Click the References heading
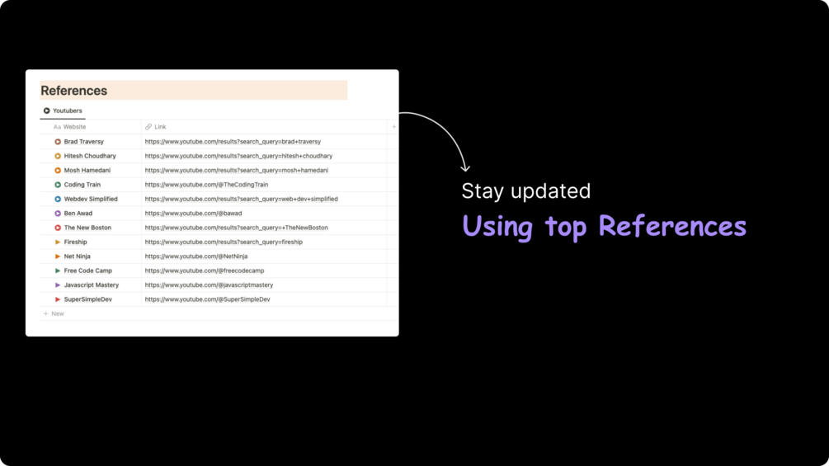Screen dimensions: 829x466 [74, 91]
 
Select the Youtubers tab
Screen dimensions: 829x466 [63, 111]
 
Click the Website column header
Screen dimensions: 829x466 [70, 127]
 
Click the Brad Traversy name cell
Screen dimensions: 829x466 [83, 142]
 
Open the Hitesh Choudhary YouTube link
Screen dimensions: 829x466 [238, 156]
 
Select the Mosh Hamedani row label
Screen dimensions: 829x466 [87, 170]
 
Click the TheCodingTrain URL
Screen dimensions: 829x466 [206, 185]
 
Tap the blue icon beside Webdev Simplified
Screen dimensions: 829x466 [58, 200]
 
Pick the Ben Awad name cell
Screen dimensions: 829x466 [78, 214]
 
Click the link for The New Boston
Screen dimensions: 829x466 [237, 228]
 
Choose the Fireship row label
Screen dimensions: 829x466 [76, 242]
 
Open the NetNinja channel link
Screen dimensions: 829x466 [196, 257]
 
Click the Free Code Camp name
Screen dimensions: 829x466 [87, 271]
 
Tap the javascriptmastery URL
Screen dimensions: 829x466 [209, 285]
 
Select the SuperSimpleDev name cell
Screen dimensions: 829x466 [87, 299]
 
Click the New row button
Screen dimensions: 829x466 [54, 314]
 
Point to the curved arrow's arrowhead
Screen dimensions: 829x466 [465, 168]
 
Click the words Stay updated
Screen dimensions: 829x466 [525, 191]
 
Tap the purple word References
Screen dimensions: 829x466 [672, 226]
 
